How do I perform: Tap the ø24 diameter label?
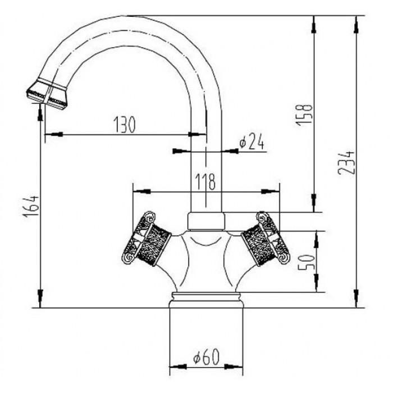[x=251, y=143]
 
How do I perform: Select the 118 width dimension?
[x=205, y=181]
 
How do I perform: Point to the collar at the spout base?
[x=206, y=221]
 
